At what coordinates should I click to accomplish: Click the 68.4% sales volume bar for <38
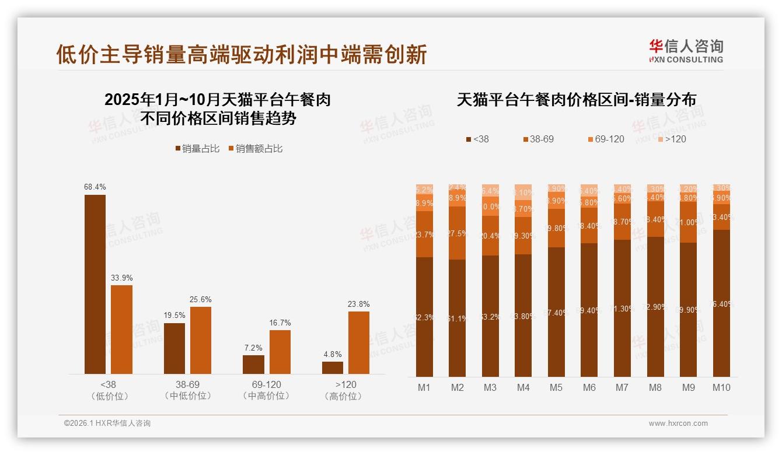tap(95, 284)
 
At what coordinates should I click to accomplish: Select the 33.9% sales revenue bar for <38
tap(121, 330)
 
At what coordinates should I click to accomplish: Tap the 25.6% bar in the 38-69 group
tap(201, 340)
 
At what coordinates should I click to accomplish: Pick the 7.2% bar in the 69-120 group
tap(253, 365)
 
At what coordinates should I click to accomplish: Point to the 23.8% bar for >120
tap(359, 342)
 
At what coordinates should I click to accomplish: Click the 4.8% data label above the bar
tap(332, 354)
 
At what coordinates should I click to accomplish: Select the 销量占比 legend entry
tap(197, 149)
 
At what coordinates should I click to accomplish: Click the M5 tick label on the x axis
tap(556, 387)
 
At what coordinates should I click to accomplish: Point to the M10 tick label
tap(721, 387)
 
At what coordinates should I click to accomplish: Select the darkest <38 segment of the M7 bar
tap(623, 308)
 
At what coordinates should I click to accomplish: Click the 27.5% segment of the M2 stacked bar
tap(457, 233)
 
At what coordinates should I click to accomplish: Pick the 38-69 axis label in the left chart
tap(187, 385)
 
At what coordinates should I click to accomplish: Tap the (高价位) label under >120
tap(345, 396)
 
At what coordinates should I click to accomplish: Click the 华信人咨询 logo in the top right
tap(686, 51)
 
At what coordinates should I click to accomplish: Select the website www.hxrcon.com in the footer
tap(678, 423)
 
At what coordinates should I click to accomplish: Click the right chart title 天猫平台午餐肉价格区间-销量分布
tap(576, 100)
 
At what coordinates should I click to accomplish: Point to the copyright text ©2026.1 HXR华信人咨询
tap(107, 423)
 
